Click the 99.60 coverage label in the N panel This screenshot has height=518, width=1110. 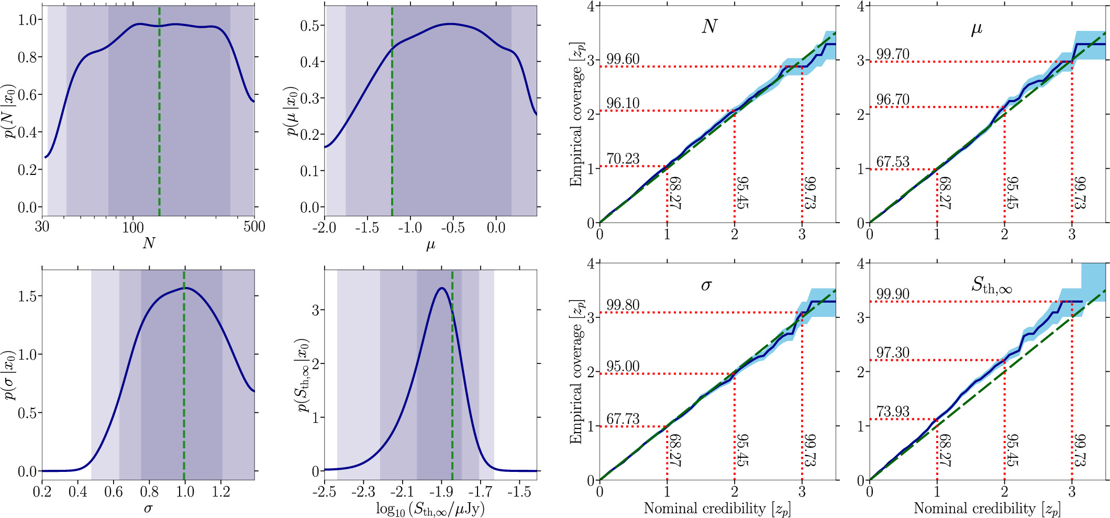pos(623,59)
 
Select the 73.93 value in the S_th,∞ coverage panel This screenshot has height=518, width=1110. pos(893,412)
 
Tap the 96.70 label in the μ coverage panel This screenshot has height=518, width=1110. pos(893,100)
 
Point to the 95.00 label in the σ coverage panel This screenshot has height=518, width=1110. pos(623,366)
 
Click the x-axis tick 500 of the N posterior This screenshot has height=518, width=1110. pos(254,227)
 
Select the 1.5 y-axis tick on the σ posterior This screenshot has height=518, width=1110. pos(27,296)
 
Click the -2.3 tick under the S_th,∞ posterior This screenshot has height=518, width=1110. pos(363,492)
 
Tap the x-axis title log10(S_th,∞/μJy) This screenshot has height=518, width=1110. pos(430,509)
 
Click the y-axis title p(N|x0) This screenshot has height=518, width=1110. pos(9,111)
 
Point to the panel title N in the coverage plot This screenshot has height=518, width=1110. pos(709,27)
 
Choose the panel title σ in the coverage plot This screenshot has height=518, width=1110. pos(706,285)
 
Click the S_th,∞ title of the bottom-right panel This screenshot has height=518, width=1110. pos(992,285)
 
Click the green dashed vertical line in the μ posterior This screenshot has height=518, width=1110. pos(392,131)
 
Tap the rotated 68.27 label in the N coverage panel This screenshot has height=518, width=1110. pos(675,193)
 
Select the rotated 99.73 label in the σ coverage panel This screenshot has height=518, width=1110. pos(810,450)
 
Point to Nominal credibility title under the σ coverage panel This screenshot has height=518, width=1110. pos(717,509)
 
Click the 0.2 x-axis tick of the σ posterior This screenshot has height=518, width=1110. pos(42,492)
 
